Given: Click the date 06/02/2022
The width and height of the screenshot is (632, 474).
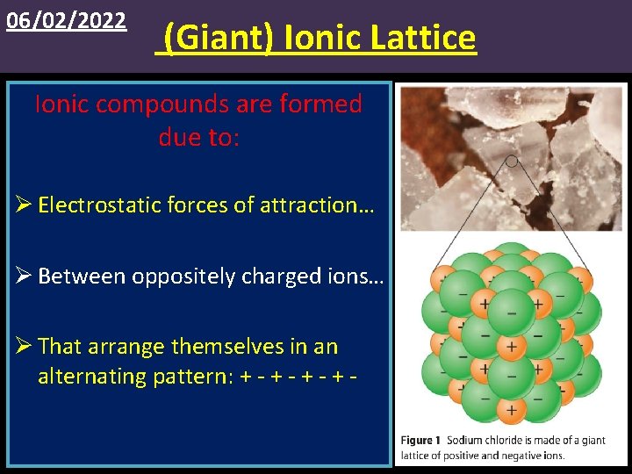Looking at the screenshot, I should pyautogui.click(x=66, y=20).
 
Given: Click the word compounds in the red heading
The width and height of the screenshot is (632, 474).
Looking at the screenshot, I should pyautogui.click(x=166, y=104).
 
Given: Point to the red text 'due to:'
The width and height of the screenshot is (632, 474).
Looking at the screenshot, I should pyautogui.click(x=198, y=137).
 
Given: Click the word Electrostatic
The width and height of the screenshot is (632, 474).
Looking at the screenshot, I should pyautogui.click(x=96, y=205).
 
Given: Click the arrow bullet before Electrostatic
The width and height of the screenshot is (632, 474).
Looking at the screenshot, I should pyautogui.click(x=23, y=205).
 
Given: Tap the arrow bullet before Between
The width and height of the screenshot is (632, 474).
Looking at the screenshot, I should pyautogui.click(x=23, y=276).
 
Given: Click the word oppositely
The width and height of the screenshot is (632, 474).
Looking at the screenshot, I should pyautogui.click(x=183, y=276).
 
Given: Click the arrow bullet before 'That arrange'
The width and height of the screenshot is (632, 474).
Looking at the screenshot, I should pyautogui.click(x=23, y=347).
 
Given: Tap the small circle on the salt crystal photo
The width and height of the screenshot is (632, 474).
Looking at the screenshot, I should pyautogui.click(x=512, y=161).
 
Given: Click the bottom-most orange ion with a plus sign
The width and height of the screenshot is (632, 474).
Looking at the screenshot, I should pyautogui.click(x=511, y=409).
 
